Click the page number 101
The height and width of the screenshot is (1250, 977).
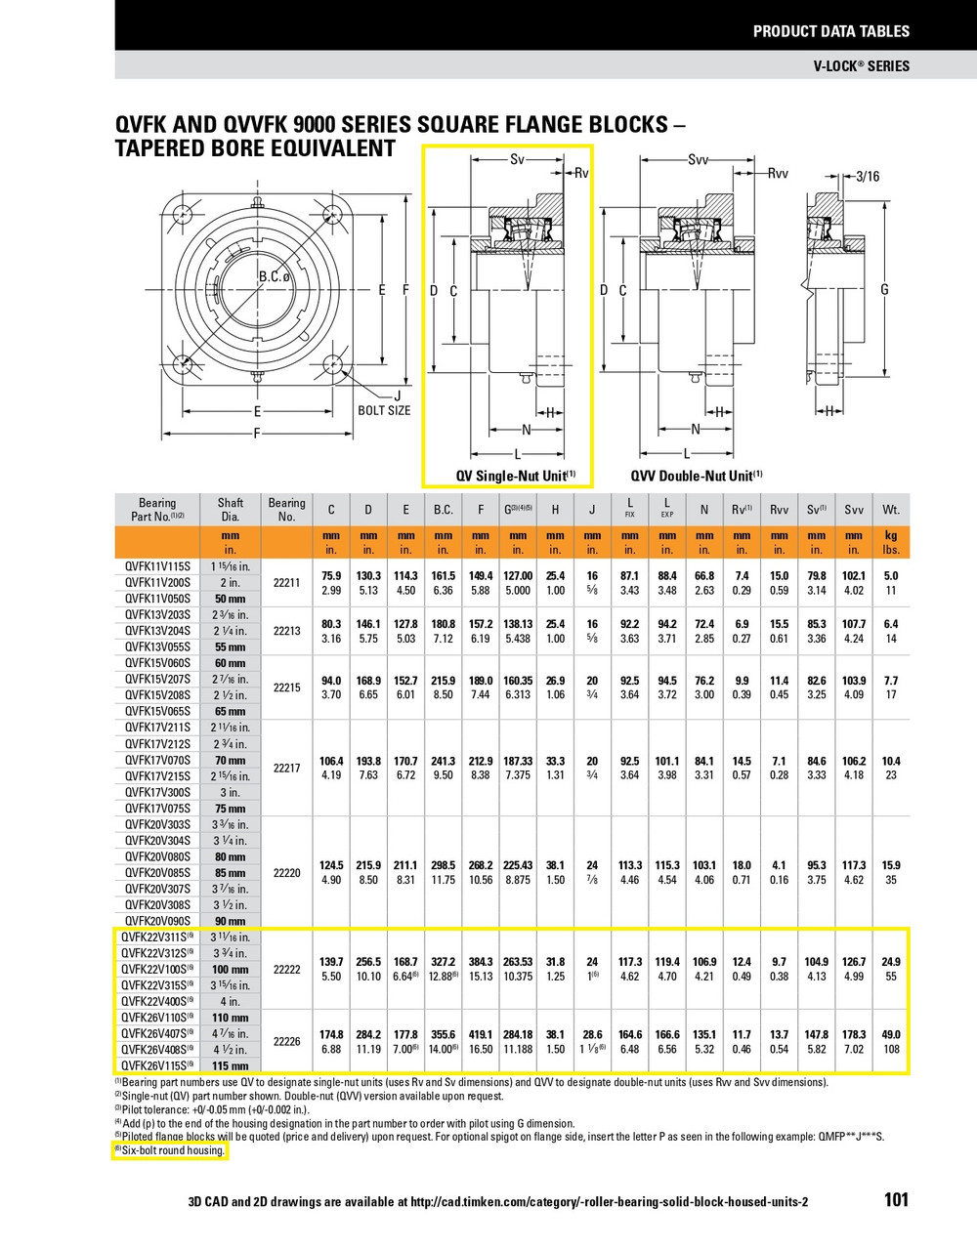pyautogui.click(x=896, y=1199)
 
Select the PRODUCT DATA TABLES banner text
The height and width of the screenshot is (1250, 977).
pyautogui.click(x=830, y=31)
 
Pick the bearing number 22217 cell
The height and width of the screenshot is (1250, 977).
pyautogui.click(x=286, y=768)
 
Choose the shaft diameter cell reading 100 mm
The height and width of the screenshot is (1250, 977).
pyautogui.click(x=231, y=970)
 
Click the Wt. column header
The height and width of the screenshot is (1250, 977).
pyautogui.click(x=891, y=510)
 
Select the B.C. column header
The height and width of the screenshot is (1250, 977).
pyautogui.click(x=444, y=510)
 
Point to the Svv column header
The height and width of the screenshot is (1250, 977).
pyautogui.click(x=854, y=510)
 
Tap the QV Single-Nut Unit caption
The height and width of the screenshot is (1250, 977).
pyautogui.click(x=516, y=476)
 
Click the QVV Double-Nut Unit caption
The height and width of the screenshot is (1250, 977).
pyautogui.click(x=696, y=476)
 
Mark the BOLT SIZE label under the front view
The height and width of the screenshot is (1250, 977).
pyautogui.click(x=384, y=410)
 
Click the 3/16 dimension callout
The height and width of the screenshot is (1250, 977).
pyautogui.click(x=867, y=177)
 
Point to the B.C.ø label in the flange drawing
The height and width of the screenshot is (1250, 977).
pyautogui.click(x=276, y=277)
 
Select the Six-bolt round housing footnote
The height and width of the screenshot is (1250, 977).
pyautogui.click(x=172, y=1150)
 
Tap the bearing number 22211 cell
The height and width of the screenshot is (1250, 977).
pyautogui.click(x=286, y=582)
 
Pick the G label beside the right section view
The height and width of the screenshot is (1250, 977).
pyautogui.click(x=884, y=289)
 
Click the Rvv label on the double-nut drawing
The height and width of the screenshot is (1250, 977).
pyautogui.click(x=777, y=174)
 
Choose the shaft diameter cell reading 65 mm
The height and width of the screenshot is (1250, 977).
pyautogui.click(x=231, y=711)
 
